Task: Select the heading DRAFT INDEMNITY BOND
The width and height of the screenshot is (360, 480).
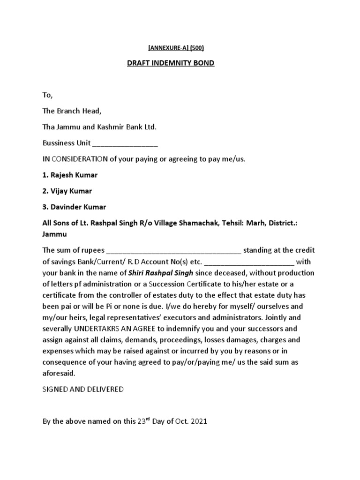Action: [171, 63]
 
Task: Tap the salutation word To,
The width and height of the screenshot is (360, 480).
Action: [48, 95]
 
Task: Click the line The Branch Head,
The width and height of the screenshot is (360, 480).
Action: [71, 111]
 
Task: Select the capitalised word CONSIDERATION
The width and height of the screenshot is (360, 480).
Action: [80, 159]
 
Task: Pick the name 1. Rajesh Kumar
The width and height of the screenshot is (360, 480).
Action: [70, 175]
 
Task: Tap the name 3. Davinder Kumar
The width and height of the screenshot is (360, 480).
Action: [74, 207]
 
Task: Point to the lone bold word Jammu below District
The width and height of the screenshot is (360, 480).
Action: [54, 234]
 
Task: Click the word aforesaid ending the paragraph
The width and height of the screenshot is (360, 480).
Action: [58, 373]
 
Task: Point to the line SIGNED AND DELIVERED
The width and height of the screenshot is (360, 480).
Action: [83, 390]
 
